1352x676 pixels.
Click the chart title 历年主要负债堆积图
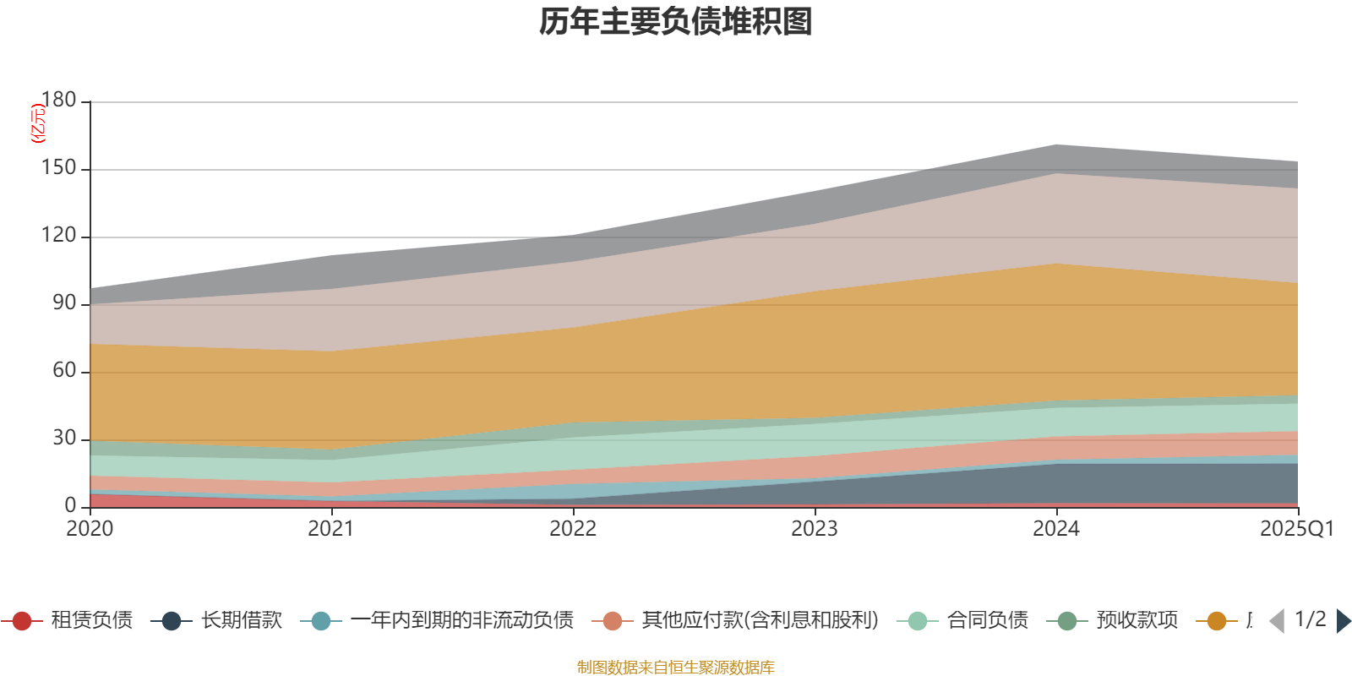pyautogui.click(x=676, y=22)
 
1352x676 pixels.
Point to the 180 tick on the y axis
pyautogui.click(x=58, y=100)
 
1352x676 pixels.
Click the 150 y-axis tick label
pyautogui.click(x=58, y=168)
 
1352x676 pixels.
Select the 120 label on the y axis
pyautogui.click(x=58, y=236)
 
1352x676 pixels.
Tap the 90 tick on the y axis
pyautogui.click(x=63, y=303)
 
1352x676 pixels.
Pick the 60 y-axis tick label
pyautogui.click(x=63, y=371)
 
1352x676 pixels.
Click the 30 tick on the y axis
pyautogui.click(x=63, y=439)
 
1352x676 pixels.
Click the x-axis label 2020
pyautogui.click(x=90, y=529)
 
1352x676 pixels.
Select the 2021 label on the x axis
pyautogui.click(x=331, y=529)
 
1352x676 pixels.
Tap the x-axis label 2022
pyautogui.click(x=573, y=529)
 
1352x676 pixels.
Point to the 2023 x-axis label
pyautogui.click(x=815, y=529)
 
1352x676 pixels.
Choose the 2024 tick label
pyautogui.click(x=1056, y=529)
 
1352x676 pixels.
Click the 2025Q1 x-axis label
pyautogui.click(x=1296, y=529)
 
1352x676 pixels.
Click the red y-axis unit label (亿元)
pyautogui.click(x=38, y=123)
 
